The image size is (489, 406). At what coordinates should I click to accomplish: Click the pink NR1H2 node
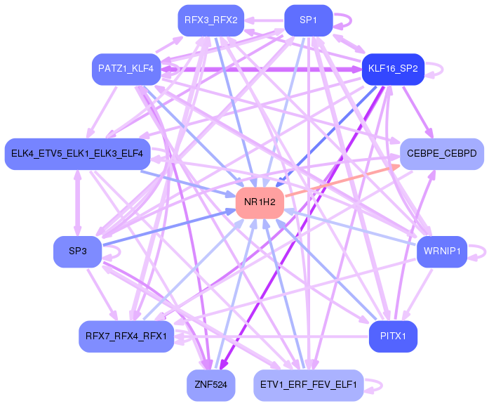pyautogui.click(x=260, y=203)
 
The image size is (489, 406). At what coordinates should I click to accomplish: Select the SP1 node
pyautogui.click(x=308, y=20)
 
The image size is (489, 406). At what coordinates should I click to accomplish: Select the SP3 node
pyautogui.click(x=77, y=251)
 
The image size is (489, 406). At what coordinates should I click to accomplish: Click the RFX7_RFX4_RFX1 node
pyautogui.click(x=126, y=336)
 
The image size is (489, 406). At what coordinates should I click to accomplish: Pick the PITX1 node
pyautogui.click(x=393, y=336)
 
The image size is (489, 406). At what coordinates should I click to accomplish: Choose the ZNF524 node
pyautogui.click(x=211, y=385)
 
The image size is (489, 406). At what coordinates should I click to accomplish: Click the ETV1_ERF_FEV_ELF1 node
pyautogui.click(x=308, y=385)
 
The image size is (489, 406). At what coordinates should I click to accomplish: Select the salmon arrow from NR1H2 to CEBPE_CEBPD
pyautogui.click(x=342, y=183)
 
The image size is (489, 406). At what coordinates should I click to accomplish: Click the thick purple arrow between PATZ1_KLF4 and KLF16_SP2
pyautogui.click(x=260, y=70)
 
